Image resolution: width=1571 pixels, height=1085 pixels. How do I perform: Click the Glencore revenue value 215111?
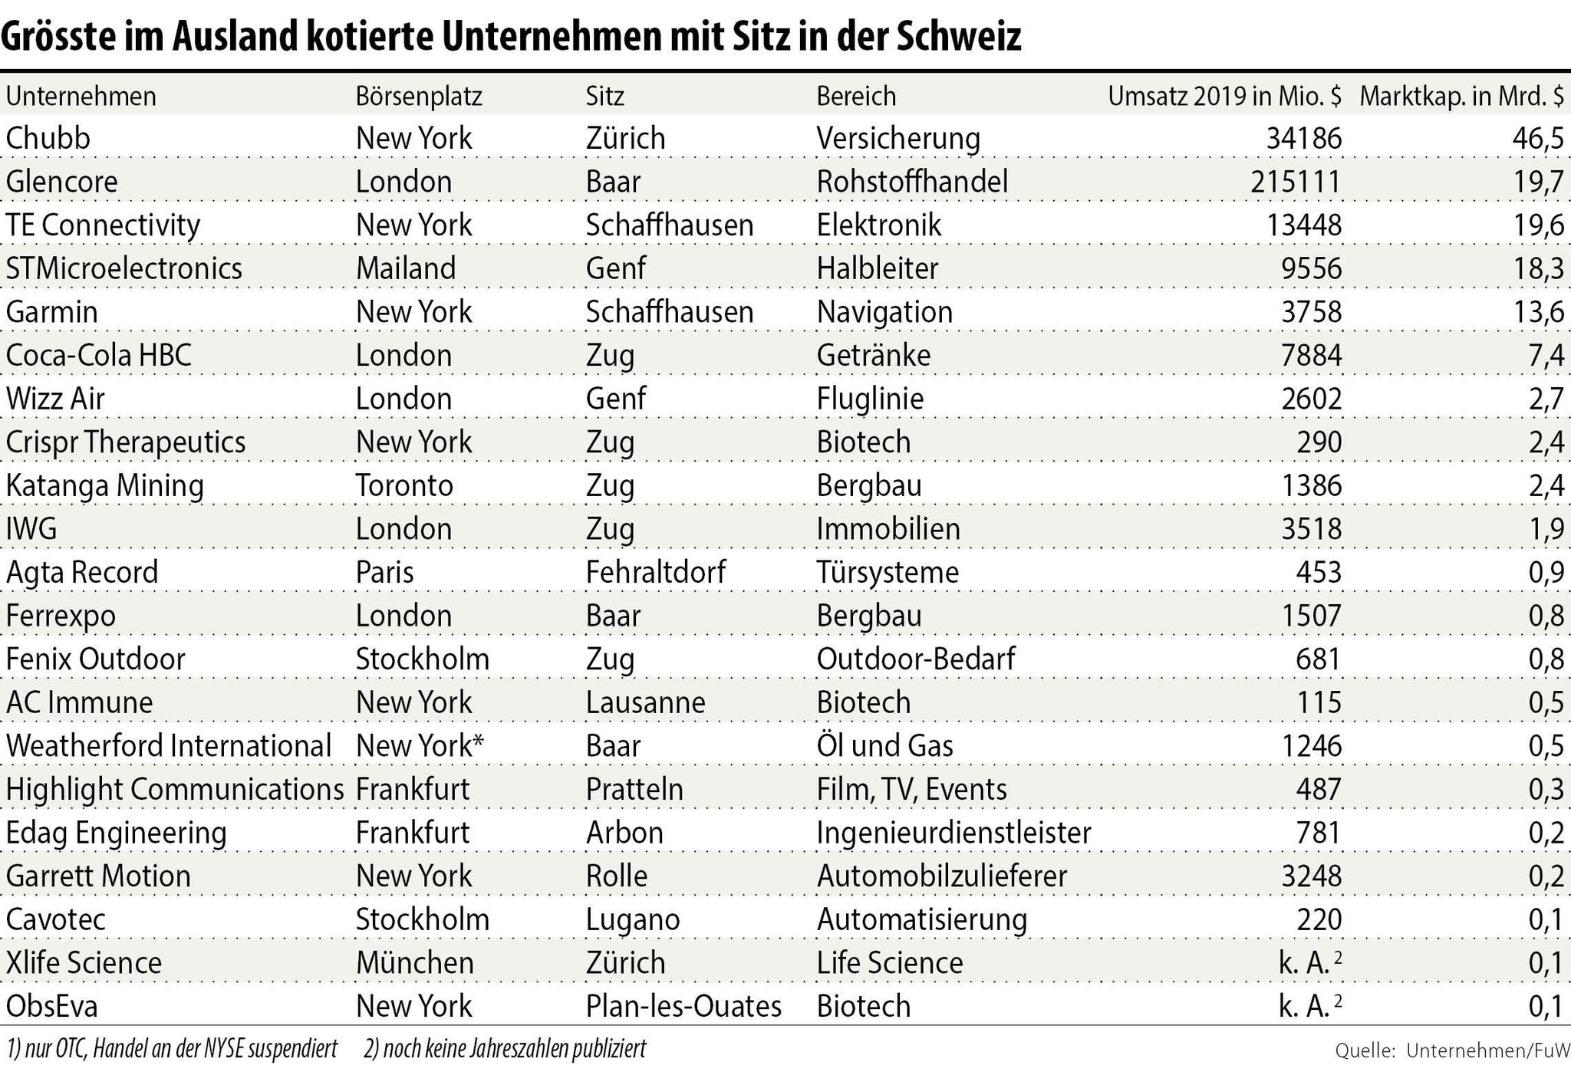(1296, 182)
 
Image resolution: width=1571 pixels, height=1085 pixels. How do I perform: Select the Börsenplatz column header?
(419, 96)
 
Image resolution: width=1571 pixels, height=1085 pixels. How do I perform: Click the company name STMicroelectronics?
(124, 268)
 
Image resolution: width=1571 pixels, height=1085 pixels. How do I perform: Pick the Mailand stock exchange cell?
(406, 268)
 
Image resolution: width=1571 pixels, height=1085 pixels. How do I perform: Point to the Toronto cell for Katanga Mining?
(404, 485)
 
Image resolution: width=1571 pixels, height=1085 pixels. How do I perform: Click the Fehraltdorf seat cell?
(656, 572)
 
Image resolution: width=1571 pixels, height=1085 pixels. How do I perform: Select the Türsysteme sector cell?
(888, 572)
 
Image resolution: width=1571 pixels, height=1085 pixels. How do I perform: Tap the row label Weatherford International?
(169, 745)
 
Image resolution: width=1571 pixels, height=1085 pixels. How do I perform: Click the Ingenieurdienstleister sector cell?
(953, 833)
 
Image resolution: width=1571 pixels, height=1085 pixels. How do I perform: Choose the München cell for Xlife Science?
(415, 962)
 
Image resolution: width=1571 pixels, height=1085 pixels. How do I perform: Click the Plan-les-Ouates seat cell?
(683, 1006)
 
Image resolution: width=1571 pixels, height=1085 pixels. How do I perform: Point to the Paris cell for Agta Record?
(384, 572)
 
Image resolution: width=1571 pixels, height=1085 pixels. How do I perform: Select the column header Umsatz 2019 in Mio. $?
(1224, 96)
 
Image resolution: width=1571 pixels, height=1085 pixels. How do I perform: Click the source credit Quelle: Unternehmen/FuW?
(1452, 1050)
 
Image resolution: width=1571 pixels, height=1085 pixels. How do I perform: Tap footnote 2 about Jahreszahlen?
(505, 1048)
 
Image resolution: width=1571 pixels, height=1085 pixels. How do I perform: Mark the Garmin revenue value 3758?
(1312, 312)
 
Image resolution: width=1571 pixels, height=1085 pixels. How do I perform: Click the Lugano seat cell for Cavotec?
(633, 919)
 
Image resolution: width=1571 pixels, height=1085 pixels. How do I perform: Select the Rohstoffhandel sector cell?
(912, 182)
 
